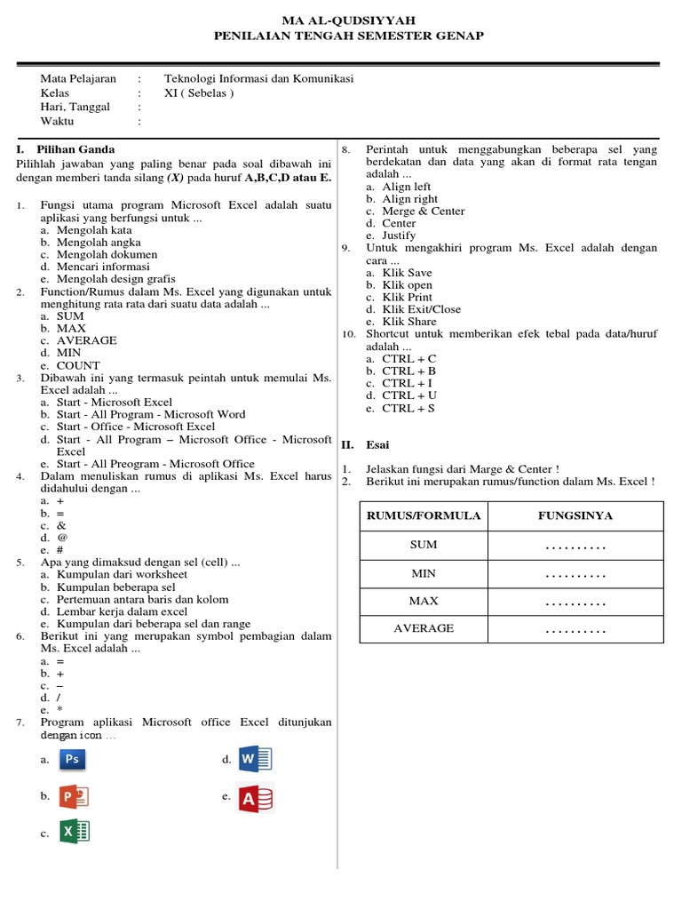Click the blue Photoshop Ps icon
(x=73, y=759)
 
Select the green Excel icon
(x=75, y=832)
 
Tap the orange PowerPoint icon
(x=73, y=796)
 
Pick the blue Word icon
(x=255, y=759)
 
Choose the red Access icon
(x=255, y=798)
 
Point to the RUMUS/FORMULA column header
(x=423, y=515)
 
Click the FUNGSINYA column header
(x=575, y=515)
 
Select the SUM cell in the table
(x=423, y=545)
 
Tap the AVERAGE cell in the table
(x=423, y=628)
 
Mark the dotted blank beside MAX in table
(x=575, y=602)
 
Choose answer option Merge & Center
(x=423, y=212)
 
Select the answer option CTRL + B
(x=408, y=371)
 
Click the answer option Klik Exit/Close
(x=421, y=309)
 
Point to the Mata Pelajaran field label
(x=78, y=78)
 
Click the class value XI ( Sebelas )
(x=199, y=92)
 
